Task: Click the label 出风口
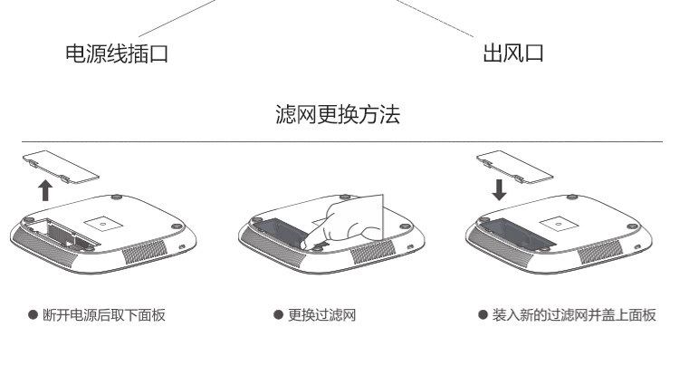coord(512,54)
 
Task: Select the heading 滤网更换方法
coord(338,115)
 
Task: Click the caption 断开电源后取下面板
coord(104,315)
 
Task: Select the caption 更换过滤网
coord(323,315)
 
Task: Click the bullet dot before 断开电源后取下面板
coord(33,315)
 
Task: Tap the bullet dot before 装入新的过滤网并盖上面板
coord(483,315)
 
